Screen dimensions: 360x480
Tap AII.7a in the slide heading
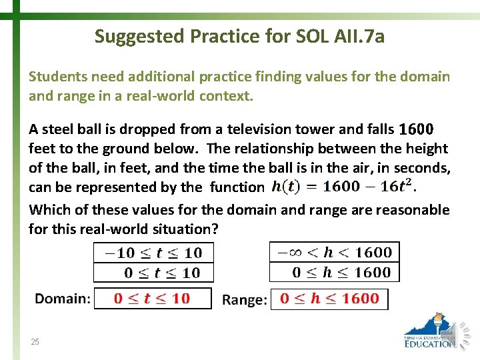[357, 36]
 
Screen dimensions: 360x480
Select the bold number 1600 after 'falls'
[416, 129]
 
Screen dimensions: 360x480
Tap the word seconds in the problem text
[422, 167]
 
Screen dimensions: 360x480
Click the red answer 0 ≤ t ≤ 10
[153, 299]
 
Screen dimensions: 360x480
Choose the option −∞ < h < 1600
[335, 252]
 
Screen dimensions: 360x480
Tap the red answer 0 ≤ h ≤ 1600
[329, 299]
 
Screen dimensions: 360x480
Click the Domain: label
[62, 299]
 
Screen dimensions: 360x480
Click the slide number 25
[35, 342]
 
